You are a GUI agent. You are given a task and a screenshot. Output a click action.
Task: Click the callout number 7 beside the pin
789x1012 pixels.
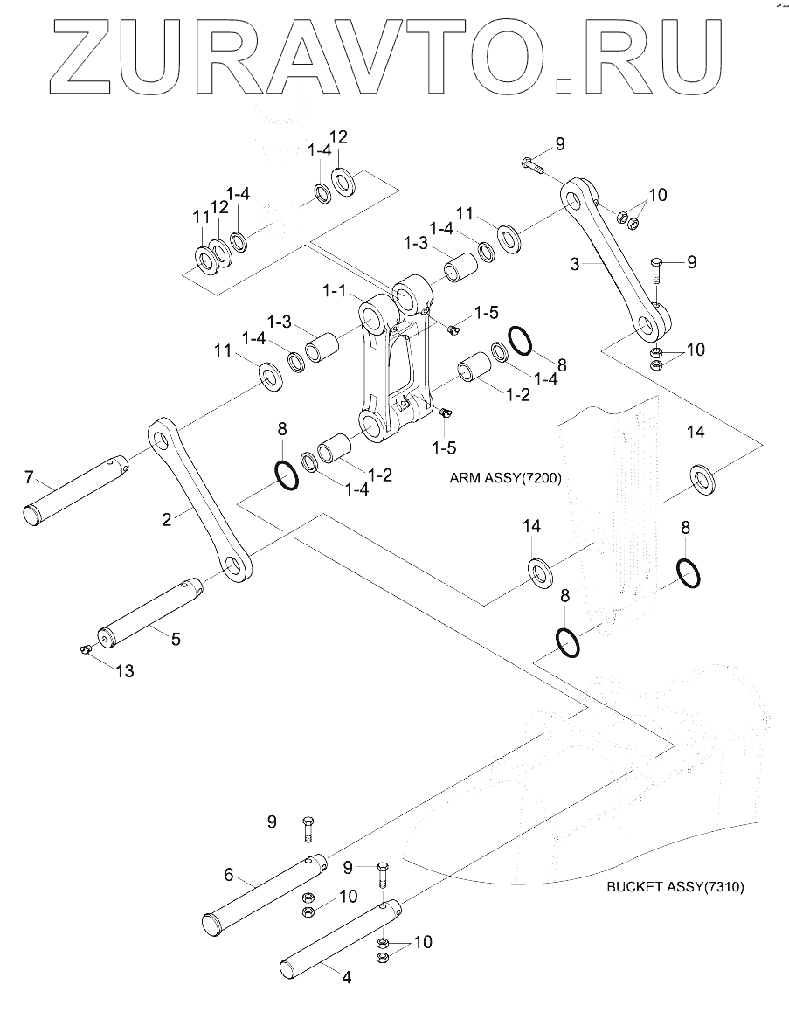pos(29,477)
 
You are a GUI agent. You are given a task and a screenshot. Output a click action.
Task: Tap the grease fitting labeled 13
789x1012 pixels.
pos(84,649)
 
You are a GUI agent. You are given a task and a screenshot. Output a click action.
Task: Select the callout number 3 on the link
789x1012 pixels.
pos(575,263)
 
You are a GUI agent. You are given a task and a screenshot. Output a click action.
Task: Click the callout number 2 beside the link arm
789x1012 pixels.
pos(166,518)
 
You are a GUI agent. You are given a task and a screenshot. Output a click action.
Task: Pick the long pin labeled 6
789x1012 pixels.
pos(262,887)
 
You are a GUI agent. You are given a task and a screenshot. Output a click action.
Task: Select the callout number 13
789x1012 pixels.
pos(125,670)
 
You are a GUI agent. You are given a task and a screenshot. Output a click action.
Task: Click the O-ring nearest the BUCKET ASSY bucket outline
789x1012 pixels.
pos(567,642)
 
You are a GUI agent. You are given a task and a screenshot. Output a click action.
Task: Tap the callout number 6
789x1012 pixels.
pos(228,873)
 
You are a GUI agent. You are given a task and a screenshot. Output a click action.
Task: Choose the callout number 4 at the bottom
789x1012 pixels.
pos(347,980)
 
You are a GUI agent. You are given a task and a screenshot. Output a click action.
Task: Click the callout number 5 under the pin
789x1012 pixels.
pos(176,639)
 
